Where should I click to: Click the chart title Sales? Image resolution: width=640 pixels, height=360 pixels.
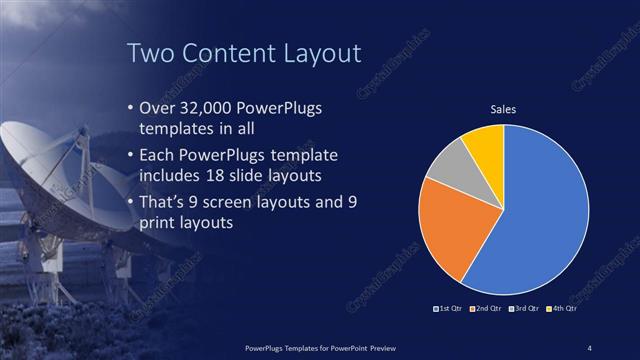502,109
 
